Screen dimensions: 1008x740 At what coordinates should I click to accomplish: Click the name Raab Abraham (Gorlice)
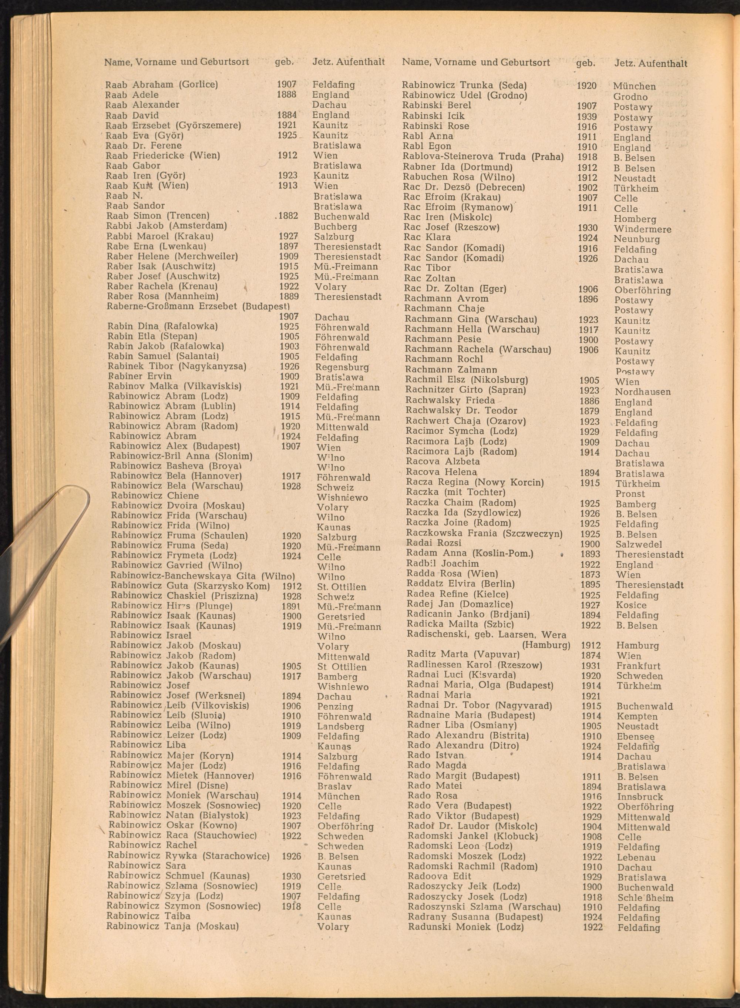pyautogui.click(x=161, y=85)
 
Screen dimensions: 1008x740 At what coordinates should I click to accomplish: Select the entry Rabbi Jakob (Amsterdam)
pyautogui.click(x=166, y=225)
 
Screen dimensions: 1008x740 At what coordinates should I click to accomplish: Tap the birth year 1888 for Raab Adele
pyautogui.click(x=286, y=94)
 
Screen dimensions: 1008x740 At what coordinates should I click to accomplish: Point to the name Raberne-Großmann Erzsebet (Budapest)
pyautogui.click(x=198, y=306)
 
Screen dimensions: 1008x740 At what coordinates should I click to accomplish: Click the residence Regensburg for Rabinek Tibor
pyautogui.click(x=342, y=367)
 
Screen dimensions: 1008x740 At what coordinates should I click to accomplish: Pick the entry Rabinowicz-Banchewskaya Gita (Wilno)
pyautogui.click(x=202, y=576)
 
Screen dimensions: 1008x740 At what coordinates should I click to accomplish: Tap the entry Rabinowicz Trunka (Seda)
pyautogui.click(x=464, y=85)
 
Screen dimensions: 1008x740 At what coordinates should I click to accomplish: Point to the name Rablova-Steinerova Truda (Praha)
pyautogui.click(x=482, y=157)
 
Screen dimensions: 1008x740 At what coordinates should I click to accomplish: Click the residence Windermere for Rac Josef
pyautogui.click(x=642, y=229)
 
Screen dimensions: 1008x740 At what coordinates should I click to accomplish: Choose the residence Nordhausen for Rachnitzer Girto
pyautogui.click(x=642, y=392)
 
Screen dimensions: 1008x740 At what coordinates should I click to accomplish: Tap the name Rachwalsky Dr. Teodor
pyautogui.click(x=461, y=410)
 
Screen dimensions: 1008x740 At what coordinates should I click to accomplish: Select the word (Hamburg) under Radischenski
pyautogui.click(x=546, y=645)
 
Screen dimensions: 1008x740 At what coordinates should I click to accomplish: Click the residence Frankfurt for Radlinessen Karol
pyautogui.click(x=638, y=666)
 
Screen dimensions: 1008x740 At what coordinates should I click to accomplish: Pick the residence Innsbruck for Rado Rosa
pyautogui.click(x=640, y=797)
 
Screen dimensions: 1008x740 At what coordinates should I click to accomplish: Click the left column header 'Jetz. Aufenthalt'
pyautogui.click(x=348, y=62)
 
